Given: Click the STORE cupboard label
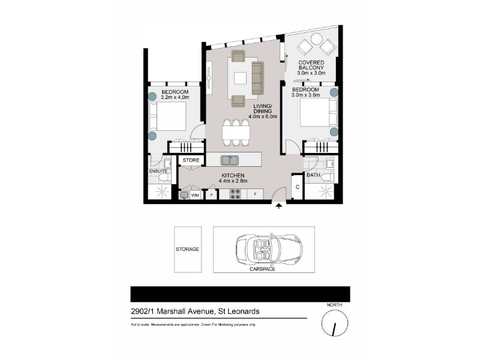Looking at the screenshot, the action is pyautogui.click(x=191, y=160).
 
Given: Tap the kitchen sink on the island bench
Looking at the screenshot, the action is pyautogui.click(x=230, y=160).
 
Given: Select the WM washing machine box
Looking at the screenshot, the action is pyautogui.click(x=195, y=195).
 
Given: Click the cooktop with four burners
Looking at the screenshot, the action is pyautogui.click(x=235, y=194).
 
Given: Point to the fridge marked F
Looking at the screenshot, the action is pyautogui.click(x=256, y=194).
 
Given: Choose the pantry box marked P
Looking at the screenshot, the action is pyautogui.click(x=211, y=194).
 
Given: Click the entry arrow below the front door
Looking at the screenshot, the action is pyautogui.click(x=278, y=206).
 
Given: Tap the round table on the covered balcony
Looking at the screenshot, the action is pyautogui.click(x=316, y=39).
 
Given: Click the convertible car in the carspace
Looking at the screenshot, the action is pyautogui.click(x=269, y=249).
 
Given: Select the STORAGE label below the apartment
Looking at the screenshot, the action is pyautogui.click(x=187, y=249).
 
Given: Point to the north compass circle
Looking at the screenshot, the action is pyautogui.click(x=335, y=323).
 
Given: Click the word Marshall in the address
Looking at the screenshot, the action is pyautogui.click(x=172, y=311).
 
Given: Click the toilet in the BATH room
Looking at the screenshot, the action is pyautogui.click(x=328, y=177).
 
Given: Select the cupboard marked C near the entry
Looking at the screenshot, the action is pyautogui.click(x=297, y=187).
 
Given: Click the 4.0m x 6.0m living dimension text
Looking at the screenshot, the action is pyautogui.click(x=263, y=116).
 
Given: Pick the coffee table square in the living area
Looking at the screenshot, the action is pyautogui.click(x=241, y=78).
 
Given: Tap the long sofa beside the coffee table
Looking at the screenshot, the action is pyautogui.click(x=257, y=78).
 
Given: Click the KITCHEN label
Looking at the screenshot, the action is pyautogui.click(x=233, y=175).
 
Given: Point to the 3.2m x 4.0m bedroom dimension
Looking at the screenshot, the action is pyautogui.click(x=175, y=97).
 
